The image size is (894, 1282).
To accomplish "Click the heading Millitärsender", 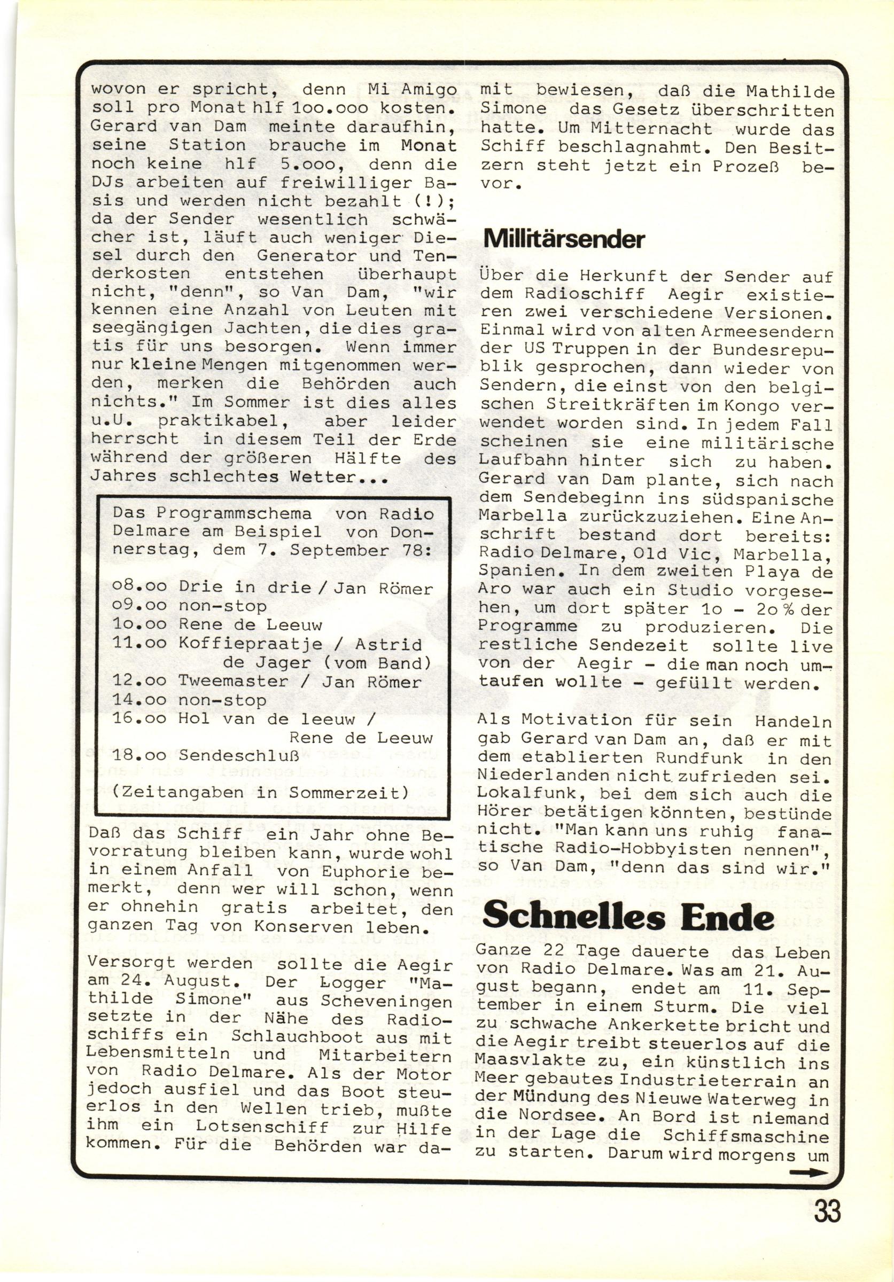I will [563, 239].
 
